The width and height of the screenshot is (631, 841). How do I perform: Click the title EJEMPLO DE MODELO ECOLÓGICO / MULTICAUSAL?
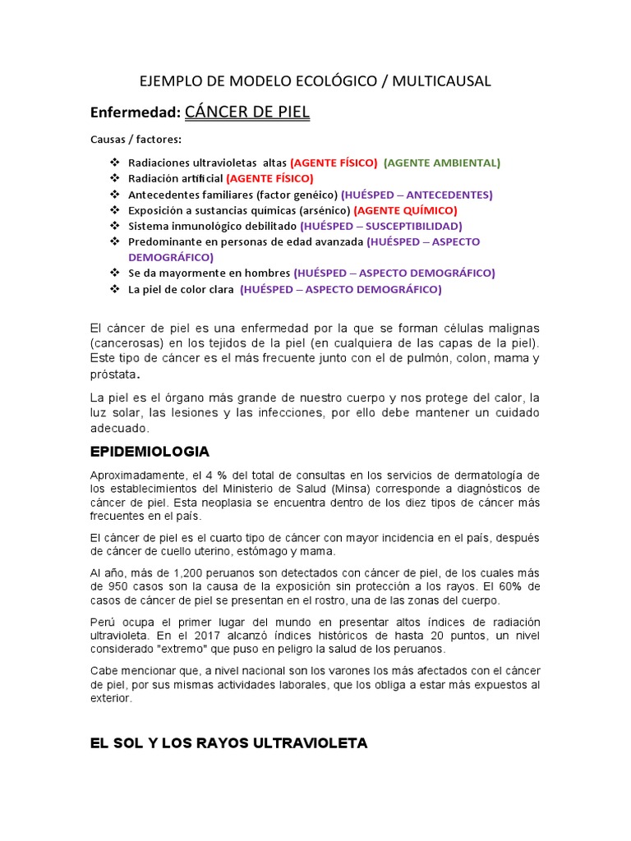pyautogui.click(x=315, y=80)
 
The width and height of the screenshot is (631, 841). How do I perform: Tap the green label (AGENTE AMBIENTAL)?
pyautogui.click(x=441, y=163)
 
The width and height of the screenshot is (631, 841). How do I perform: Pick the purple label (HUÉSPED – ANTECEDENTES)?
pyautogui.click(x=418, y=195)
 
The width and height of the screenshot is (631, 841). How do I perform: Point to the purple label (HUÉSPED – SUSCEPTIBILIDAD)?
pyautogui.click(x=381, y=226)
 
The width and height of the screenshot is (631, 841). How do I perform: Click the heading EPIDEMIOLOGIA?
pyautogui.click(x=149, y=452)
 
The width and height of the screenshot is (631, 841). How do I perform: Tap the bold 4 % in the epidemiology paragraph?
pyautogui.click(x=217, y=475)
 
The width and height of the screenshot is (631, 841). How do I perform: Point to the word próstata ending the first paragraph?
pyautogui.click(x=113, y=374)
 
